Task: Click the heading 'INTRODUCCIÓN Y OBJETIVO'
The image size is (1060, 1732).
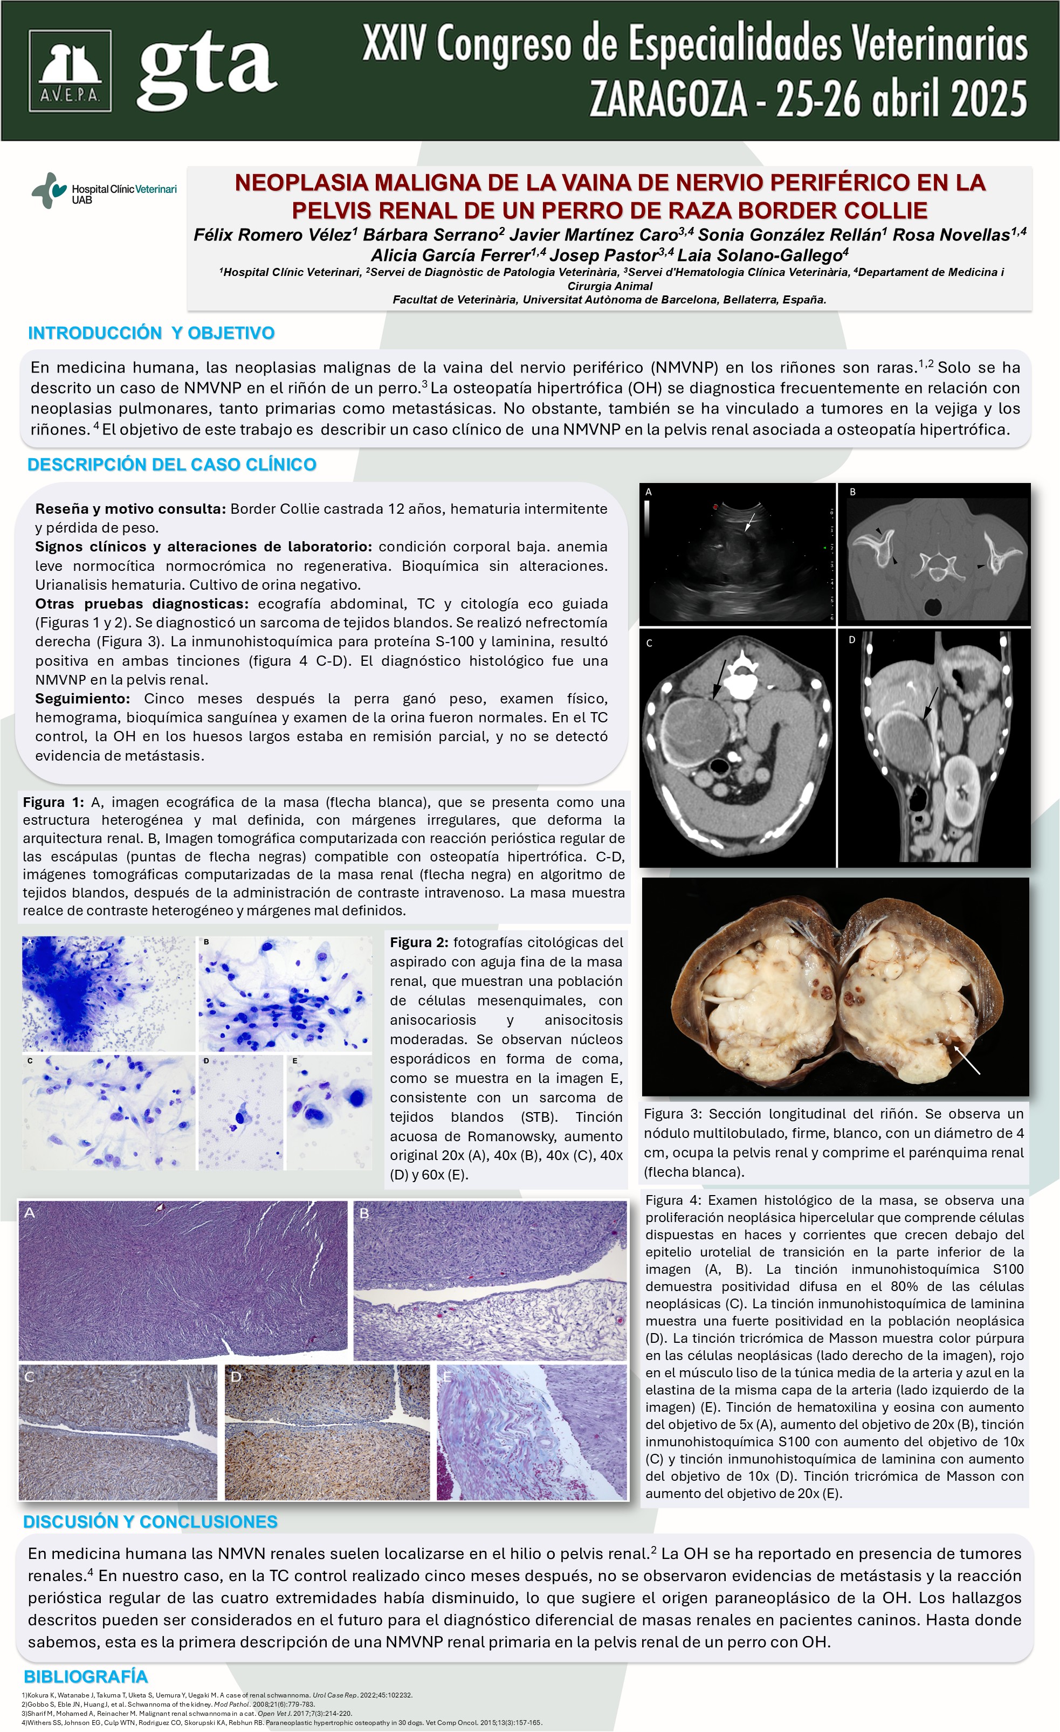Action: coord(151,333)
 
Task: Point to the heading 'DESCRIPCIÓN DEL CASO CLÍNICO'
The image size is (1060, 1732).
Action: coord(171,465)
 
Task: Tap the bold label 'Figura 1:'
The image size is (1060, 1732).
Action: coord(53,802)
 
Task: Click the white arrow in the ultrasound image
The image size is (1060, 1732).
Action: coord(749,522)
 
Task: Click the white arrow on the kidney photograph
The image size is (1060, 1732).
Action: coord(967,1060)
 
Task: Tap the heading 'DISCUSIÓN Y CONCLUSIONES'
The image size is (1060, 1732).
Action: coord(150,1522)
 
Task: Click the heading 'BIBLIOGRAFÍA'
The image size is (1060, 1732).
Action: coord(86,1676)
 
